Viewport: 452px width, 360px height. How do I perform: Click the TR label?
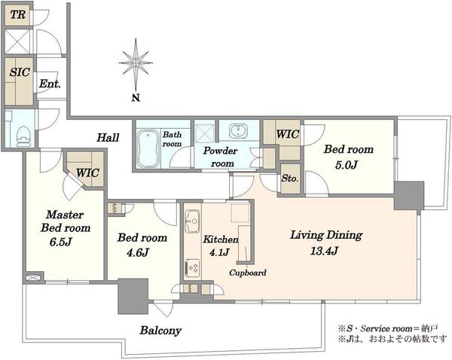(x=18, y=14)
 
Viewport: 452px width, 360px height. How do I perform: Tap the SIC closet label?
(x=20, y=72)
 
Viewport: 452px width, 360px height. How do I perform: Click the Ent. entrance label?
(x=50, y=84)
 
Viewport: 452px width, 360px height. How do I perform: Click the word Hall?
(x=108, y=138)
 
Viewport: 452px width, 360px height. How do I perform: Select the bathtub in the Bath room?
(x=148, y=148)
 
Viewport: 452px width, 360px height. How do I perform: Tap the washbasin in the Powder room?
(x=238, y=131)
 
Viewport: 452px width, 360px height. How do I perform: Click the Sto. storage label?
(x=290, y=178)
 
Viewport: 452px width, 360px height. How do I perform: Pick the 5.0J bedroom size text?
(x=347, y=165)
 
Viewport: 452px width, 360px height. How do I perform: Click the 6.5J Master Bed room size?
(x=60, y=242)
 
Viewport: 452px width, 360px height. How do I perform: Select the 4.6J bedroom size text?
(x=138, y=253)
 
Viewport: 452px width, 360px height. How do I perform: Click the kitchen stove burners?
(x=192, y=269)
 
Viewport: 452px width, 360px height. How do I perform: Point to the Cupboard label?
(x=248, y=273)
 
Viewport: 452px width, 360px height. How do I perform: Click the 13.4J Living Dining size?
(x=324, y=251)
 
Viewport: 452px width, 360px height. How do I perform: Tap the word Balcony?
(x=160, y=331)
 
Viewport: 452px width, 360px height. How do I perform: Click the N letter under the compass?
(x=136, y=98)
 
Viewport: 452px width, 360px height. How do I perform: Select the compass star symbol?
(x=136, y=63)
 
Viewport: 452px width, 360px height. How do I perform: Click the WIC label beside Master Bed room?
(x=87, y=173)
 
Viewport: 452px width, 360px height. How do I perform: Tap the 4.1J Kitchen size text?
(x=219, y=252)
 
